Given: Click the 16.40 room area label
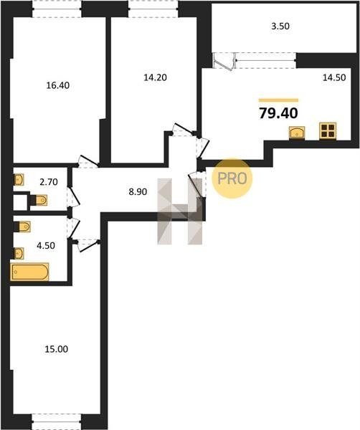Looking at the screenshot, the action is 58,85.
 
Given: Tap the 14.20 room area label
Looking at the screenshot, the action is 156,77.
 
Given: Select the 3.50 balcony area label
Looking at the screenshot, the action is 280,27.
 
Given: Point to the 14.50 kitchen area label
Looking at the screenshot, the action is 334,77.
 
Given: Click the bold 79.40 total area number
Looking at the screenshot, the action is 278,113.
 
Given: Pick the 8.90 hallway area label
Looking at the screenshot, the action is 138,191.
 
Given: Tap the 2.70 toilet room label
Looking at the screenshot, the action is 49,182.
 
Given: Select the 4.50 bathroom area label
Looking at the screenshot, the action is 46,245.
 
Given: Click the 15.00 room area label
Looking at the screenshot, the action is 56,349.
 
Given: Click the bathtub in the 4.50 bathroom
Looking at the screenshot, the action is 29,272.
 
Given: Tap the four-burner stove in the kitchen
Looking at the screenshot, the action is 328,130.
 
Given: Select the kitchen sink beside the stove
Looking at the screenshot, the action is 297,133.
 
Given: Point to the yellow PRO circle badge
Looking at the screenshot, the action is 232,178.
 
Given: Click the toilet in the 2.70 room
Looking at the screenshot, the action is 38,200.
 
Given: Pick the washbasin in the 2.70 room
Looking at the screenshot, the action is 19,180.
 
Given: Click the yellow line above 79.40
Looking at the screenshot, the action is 278,100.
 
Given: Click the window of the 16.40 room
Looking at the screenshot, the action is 57,9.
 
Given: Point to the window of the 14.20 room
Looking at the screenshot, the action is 153,9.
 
